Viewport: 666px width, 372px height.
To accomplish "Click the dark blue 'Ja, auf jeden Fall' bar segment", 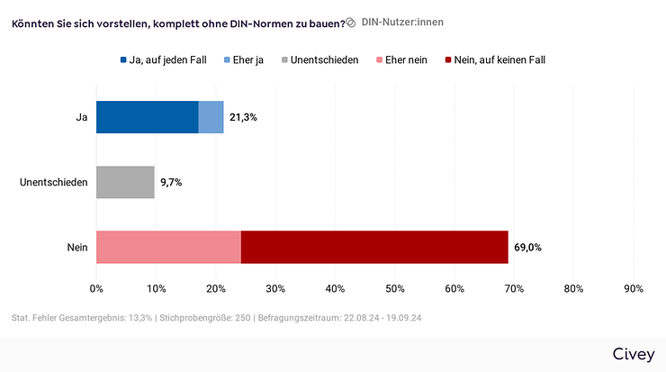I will tap(147, 117).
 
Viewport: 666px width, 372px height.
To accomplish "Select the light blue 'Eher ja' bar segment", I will tap(211, 117).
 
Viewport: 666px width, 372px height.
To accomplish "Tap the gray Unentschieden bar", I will tap(125, 182).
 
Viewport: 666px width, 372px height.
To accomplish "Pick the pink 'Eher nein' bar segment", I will tap(168, 247).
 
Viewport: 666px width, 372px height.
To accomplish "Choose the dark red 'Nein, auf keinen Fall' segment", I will tap(374, 247).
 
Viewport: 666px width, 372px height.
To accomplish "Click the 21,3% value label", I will tap(245, 118).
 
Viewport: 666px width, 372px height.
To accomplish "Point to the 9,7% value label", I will tap(172, 183).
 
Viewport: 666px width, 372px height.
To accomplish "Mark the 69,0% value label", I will tap(528, 248).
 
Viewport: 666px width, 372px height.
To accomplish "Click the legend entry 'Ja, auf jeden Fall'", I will tap(163, 60).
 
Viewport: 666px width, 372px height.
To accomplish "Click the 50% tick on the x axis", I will tap(395, 289).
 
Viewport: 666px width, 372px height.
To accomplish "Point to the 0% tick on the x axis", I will tap(96, 289).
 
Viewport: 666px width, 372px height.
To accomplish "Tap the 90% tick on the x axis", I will tap(634, 289).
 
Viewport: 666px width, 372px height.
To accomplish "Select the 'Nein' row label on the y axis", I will tap(76, 248).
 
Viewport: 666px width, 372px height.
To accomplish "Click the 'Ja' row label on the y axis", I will tap(81, 118).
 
